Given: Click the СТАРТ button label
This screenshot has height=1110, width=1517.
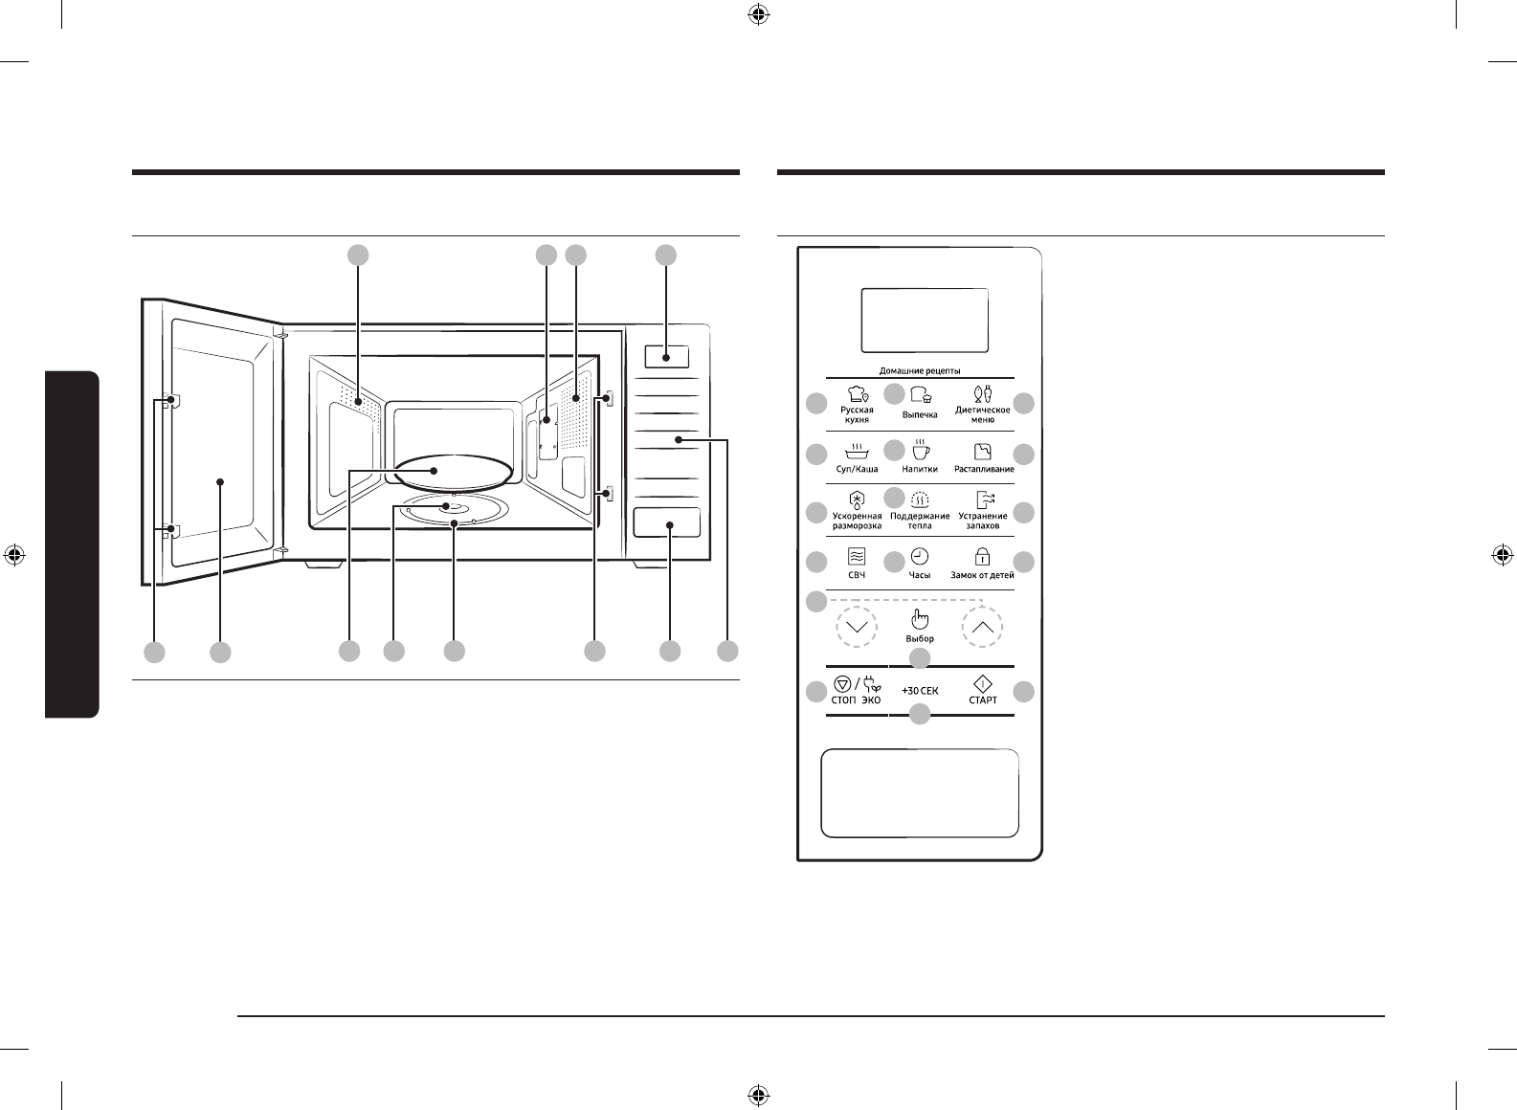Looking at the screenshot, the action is pyautogui.click(x=983, y=699).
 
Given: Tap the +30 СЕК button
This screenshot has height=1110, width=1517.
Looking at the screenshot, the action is pyautogui.click(x=920, y=690).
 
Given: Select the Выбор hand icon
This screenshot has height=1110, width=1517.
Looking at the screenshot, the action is pyautogui.click(x=919, y=618).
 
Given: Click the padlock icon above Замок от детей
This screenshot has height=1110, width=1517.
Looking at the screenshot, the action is pyautogui.click(x=982, y=556).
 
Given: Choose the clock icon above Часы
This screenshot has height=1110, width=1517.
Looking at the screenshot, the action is pyautogui.click(x=919, y=557).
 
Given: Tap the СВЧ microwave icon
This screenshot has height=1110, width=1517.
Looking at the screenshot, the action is pyautogui.click(x=857, y=557).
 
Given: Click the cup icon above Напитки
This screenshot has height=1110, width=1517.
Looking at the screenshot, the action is pyautogui.click(x=919, y=450).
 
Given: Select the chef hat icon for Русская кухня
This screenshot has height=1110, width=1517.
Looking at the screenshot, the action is pyautogui.click(x=857, y=393).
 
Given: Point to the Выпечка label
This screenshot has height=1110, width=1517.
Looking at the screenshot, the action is pyautogui.click(x=920, y=415).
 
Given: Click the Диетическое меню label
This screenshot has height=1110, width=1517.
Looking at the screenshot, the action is pyautogui.click(x=983, y=414).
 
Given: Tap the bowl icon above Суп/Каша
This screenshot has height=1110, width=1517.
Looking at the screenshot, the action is pyautogui.click(x=857, y=451).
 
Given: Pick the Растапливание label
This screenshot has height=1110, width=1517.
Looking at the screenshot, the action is pyautogui.click(x=983, y=469).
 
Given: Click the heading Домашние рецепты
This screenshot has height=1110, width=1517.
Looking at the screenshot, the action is pyautogui.click(x=920, y=370).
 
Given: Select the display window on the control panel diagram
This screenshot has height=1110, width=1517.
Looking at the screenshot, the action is pyautogui.click(x=925, y=321).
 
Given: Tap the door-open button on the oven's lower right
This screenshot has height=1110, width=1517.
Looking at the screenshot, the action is pyautogui.click(x=667, y=524).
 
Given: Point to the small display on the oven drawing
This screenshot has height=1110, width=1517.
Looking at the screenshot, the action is pyautogui.click(x=666, y=357).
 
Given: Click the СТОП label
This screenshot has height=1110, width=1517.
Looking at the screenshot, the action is pyautogui.click(x=842, y=699).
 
